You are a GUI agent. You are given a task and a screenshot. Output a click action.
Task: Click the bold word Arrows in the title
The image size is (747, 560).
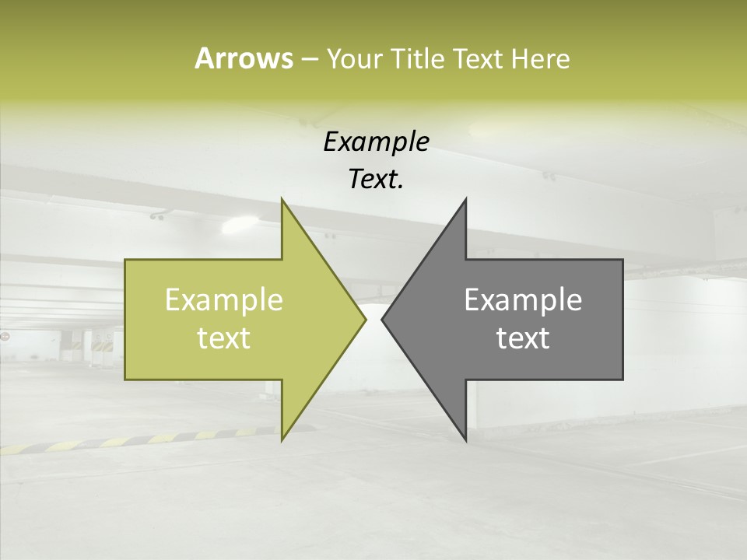[x=243, y=58]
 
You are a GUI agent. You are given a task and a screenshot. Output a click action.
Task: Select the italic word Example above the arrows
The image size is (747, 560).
[x=377, y=142]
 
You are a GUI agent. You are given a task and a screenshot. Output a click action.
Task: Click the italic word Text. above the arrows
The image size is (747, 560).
[x=377, y=180]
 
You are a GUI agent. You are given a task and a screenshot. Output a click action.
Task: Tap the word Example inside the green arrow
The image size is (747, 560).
[x=224, y=300]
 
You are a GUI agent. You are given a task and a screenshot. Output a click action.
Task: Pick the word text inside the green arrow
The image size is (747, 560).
[x=224, y=338]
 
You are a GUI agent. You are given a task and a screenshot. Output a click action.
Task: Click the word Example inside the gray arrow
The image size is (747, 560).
[x=523, y=300]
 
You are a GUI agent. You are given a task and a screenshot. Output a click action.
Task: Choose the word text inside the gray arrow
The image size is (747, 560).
[x=523, y=338]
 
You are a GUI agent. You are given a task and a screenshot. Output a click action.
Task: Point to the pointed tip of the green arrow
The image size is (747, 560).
[x=366, y=319]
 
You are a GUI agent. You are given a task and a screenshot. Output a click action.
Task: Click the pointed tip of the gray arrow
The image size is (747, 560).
[x=382, y=319]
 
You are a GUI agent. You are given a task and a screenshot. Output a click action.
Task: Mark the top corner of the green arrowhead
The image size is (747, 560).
[x=282, y=199]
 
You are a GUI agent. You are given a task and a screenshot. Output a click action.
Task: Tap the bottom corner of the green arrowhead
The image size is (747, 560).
[x=282, y=440]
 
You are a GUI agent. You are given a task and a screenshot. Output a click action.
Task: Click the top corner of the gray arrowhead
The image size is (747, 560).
[x=465, y=199]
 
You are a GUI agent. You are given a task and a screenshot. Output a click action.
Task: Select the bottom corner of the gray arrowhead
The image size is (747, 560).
[x=465, y=440]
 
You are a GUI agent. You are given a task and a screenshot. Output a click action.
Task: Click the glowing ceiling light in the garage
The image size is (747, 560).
[x=239, y=226]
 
